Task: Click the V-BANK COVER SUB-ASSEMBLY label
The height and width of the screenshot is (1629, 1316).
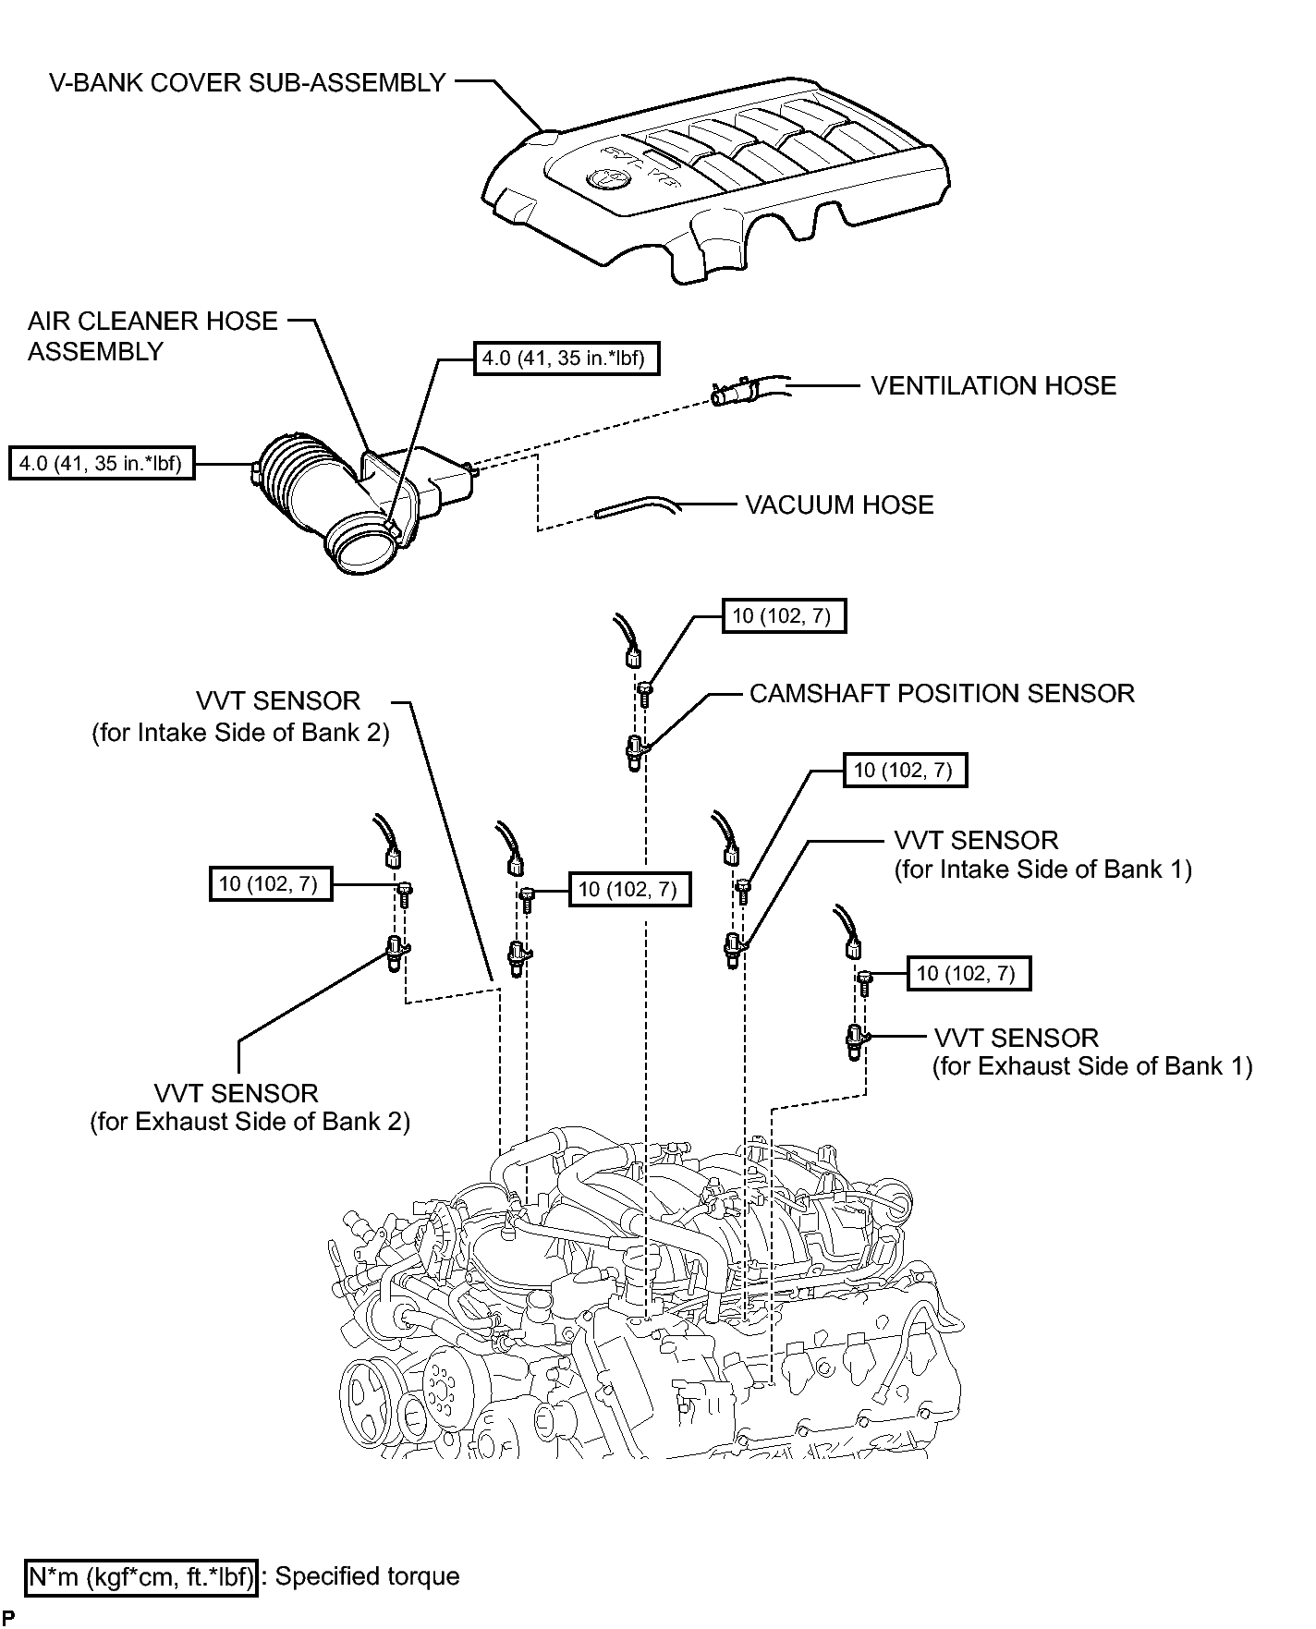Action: (248, 83)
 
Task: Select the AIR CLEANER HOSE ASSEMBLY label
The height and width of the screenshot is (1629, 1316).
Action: (152, 336)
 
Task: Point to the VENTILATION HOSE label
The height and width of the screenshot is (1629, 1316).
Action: (993, 385)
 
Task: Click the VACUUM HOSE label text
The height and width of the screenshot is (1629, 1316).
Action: (839, 505)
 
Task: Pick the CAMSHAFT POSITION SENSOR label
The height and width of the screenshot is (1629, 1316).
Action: (942, 693)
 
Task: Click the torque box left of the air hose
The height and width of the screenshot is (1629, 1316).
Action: (102, 463)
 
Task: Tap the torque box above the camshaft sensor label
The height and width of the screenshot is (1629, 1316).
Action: (783, 615)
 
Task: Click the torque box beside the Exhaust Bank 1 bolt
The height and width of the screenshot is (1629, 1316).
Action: (968, 973)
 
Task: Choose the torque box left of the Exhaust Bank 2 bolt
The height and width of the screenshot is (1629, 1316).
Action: (270, 884)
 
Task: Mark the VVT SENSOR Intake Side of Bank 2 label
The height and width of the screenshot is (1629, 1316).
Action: (240, 716)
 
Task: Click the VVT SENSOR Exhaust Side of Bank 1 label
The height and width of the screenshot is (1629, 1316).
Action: (1092, 1052)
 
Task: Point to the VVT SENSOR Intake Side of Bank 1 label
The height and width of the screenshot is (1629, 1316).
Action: (1043, 855)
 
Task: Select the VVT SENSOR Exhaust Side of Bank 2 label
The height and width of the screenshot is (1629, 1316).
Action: (250, 1107)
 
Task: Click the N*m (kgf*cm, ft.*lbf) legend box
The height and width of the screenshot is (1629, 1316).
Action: (141, 1575)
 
